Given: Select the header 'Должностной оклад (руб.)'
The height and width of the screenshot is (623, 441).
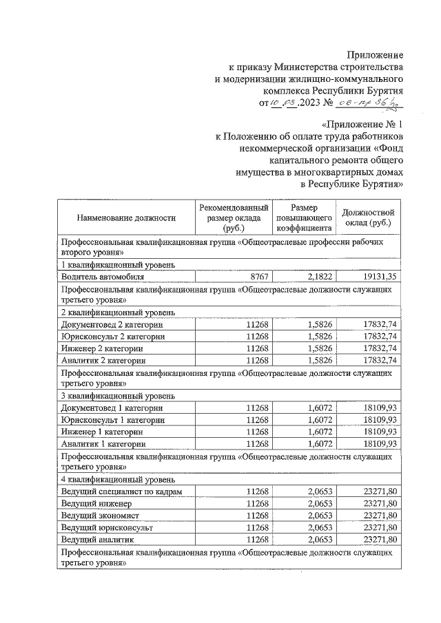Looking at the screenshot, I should point(369,218).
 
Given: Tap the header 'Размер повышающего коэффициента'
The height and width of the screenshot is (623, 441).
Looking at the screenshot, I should point(304,218).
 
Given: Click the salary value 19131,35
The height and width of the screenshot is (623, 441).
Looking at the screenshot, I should point(379,276).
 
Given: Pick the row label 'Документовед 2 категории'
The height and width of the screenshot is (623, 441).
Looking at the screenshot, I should point(112,324).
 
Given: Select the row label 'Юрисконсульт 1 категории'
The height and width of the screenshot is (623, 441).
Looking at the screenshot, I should point(113,420).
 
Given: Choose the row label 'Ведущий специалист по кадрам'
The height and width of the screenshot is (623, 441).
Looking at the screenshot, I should point(121,492).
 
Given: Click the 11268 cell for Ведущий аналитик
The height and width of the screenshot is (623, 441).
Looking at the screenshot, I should point(256,539).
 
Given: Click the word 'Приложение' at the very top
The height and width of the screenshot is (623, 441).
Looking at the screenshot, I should point(375,54).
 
